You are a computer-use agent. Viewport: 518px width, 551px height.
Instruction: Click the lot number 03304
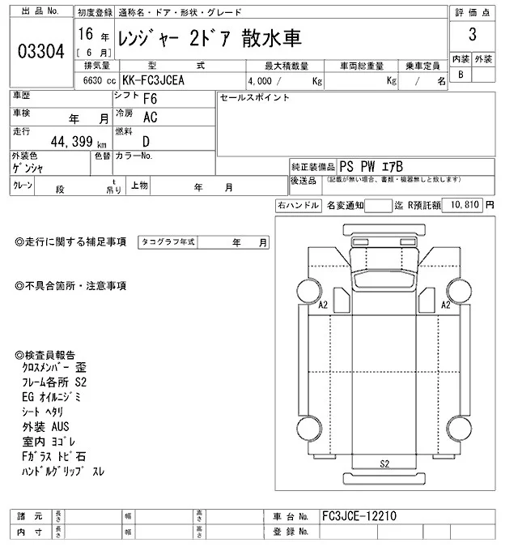[40, 51]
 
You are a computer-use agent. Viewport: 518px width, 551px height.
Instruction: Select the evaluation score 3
[471, 36]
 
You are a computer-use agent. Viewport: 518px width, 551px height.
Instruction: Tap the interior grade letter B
[461, 75]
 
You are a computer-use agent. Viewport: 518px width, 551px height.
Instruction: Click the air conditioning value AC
[150, 117]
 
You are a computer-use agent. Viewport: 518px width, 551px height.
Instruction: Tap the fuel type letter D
[146, 140]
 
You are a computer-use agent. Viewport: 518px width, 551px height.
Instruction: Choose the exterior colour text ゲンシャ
[28, 168]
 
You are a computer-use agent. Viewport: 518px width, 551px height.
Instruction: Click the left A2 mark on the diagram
[323, 305]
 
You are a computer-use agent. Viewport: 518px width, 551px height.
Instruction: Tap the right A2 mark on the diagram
[445, 305]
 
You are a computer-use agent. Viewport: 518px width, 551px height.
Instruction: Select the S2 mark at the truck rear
[384, 464]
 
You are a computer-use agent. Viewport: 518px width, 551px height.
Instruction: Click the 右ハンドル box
[297, 206]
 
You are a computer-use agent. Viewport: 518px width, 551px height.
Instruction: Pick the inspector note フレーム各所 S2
[55, 382]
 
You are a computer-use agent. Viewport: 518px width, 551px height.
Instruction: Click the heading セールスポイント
[254, 97]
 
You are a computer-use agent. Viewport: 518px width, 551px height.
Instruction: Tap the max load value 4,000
[261, 81]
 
